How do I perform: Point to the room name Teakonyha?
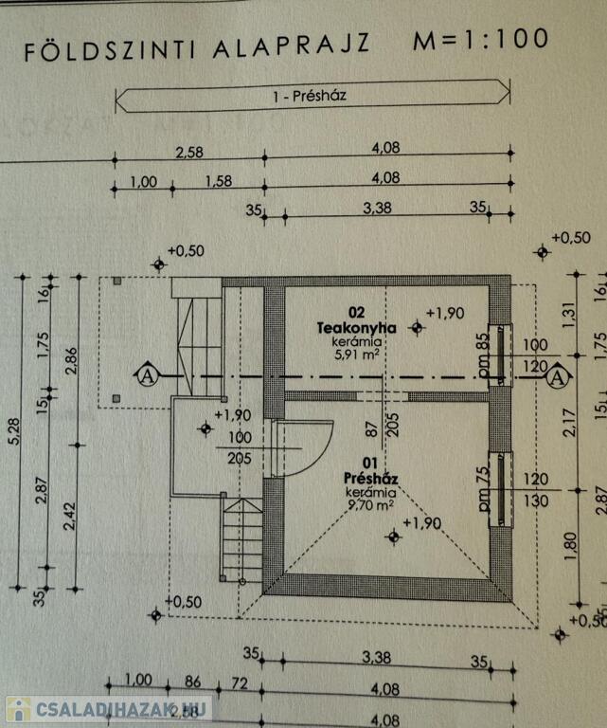[355, 327]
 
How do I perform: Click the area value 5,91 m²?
[355, 354]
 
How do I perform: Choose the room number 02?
[356, 312]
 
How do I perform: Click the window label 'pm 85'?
[483, 353]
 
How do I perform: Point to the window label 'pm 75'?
[483, 486]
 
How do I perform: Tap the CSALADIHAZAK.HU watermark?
[109, 708]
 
